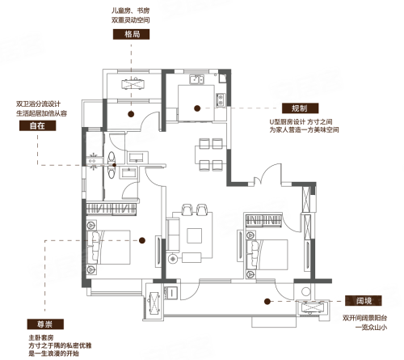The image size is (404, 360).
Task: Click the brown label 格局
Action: pos(131,35)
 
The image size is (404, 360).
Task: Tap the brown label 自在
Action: pos(37,125)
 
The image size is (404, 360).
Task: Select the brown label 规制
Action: pos(301,108)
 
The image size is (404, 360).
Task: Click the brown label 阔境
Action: pos(364,300)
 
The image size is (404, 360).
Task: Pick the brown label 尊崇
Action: pos(45,324)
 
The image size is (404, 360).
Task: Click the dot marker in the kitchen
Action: pos(197,108)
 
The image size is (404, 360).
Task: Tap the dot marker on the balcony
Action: pos(267,301)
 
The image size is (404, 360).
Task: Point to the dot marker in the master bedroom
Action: pos(142,240)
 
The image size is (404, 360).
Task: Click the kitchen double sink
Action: pos(196,79)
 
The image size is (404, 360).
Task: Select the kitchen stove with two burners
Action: pos(221,100)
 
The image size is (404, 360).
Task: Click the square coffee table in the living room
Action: pos(195,235)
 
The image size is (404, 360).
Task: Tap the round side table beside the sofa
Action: pos(173,259)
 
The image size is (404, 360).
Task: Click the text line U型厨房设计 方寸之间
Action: pos(301,121)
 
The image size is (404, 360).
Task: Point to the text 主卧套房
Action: pos(41,337)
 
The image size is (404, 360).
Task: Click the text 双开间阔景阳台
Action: pos(364,318)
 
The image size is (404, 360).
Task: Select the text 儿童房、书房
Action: pos(130,11)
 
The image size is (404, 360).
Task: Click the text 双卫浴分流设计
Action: pos(38,104)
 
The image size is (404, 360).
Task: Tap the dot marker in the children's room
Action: pos(131,114)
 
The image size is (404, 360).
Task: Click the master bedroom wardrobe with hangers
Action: pos(112,209)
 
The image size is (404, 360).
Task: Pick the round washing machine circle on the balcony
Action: pos(305,291)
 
